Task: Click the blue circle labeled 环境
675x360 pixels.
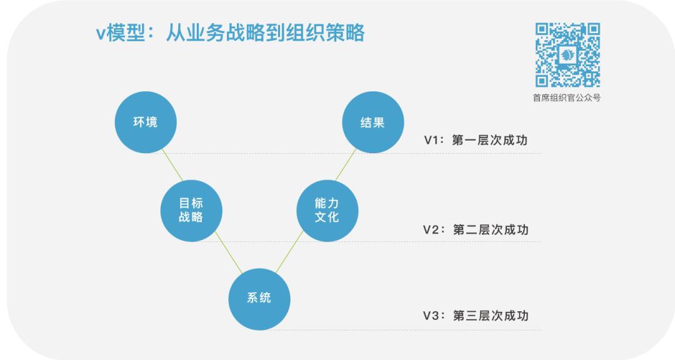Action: point(145,122)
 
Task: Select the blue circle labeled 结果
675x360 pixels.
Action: point(372,122)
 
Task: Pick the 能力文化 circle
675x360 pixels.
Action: point(327,211)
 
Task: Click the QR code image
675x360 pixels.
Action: point(567,54)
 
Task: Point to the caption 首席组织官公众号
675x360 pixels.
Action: point(567,98)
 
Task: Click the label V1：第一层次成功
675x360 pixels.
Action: point(476,140)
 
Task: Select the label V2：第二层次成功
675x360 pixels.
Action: point(476,229)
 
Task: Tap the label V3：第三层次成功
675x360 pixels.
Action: point(476,316)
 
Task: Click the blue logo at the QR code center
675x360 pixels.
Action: point(567,54)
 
